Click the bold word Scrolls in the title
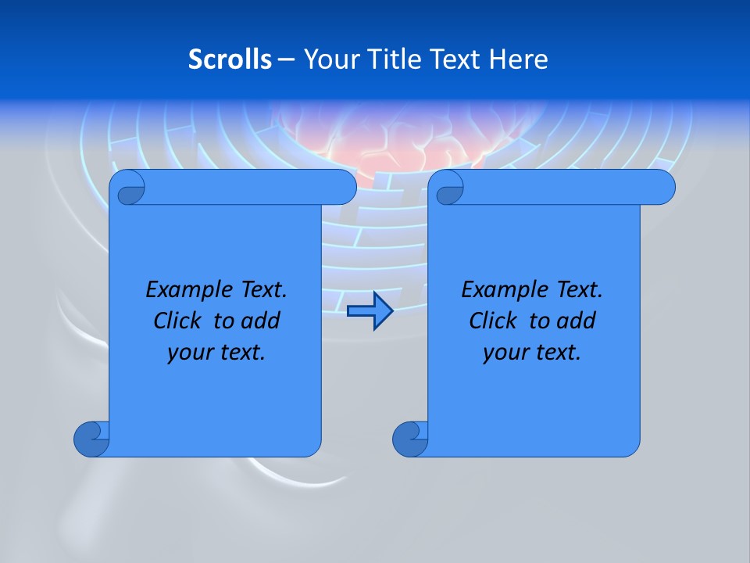pos(230,59)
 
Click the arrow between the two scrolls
pos(370,311)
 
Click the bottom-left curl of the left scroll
pos(91,438)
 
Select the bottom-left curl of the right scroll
pos(410,438)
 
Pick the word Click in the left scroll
pos(176,321)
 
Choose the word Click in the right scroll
pos(492,321)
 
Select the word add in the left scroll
pos(260,321)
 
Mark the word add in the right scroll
pos(577,321)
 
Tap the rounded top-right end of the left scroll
pos(344,188)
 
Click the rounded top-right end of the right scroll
pos(662,188)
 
